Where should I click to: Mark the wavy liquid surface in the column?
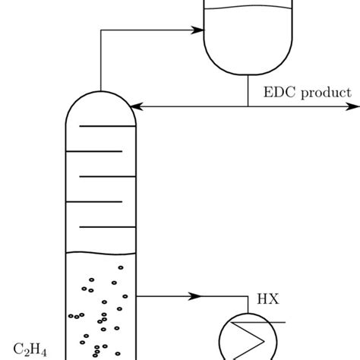[100, 254]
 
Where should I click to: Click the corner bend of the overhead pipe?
[100, 31]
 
